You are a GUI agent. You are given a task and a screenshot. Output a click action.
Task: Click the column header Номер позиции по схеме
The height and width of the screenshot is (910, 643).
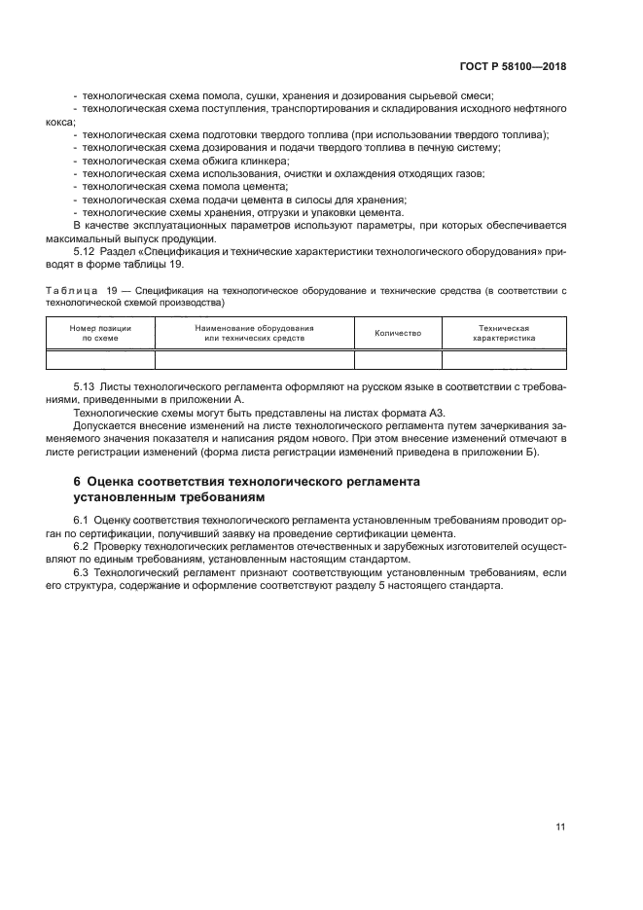100,334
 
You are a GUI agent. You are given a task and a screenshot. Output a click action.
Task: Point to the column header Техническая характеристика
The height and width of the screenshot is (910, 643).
504,334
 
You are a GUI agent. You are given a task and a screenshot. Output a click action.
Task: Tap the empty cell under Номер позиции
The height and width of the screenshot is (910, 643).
100,360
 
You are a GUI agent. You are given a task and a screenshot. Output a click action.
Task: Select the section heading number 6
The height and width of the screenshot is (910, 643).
78,482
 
